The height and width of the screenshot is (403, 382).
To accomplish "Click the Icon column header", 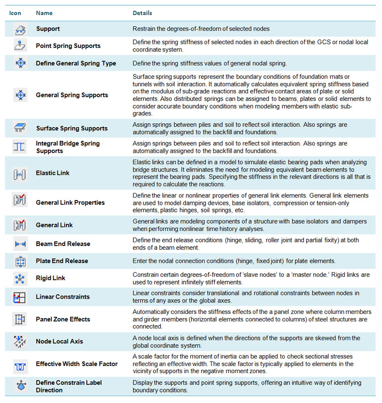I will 15,13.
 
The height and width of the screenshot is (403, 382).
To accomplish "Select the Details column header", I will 142,13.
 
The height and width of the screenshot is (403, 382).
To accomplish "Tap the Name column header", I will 44,13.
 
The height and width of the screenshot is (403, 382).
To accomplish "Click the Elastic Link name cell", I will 53,173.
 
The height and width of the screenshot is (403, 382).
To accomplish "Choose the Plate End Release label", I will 62,261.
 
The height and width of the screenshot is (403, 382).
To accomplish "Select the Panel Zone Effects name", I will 63,320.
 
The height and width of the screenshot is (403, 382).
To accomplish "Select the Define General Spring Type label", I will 76,64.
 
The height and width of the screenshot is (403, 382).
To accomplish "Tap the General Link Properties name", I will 70,203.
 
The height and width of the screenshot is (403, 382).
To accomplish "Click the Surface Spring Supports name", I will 72,128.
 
